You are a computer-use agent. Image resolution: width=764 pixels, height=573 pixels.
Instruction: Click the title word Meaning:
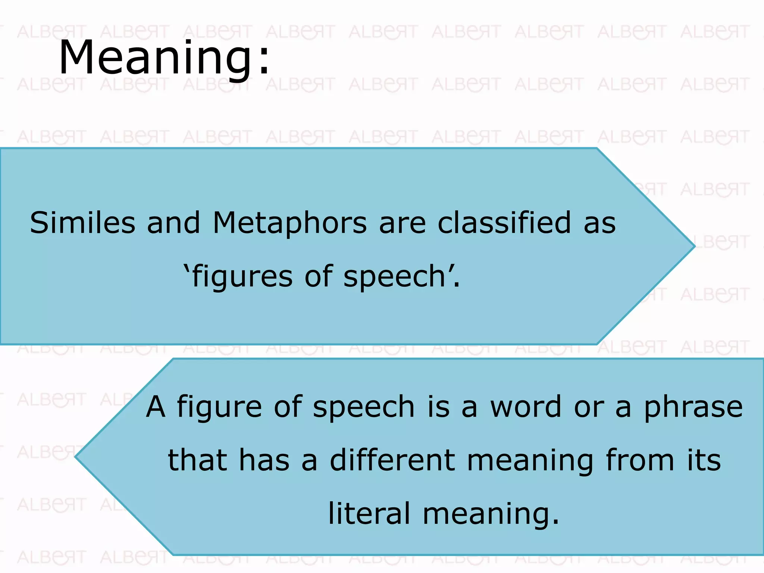click(x=164, y=58)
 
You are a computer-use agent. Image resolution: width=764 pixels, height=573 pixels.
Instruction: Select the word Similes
click(x=82, y=223)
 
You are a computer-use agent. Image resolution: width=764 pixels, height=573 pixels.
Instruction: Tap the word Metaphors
click(x=290, y=223)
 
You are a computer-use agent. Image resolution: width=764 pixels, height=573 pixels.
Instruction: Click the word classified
click(x=504, y=223)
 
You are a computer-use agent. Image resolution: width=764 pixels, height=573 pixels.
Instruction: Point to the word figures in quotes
click(x=242, y=277)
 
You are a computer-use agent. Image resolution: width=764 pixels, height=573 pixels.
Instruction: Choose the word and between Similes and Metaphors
click(x=173, y=223)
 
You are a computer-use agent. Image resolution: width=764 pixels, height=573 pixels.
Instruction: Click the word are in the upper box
click(x=402, y=223)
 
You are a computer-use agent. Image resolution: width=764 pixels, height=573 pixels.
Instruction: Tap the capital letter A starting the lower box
click(x=156, y=407)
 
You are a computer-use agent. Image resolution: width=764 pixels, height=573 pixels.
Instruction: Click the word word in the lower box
click(x=526, y=407)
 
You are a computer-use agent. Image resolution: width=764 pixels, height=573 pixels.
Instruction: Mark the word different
click(x=392, y=460)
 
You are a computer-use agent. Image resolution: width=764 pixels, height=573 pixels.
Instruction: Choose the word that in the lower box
click(x=197, y=460)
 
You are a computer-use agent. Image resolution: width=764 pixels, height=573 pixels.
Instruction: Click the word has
click(x=264, y=460)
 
